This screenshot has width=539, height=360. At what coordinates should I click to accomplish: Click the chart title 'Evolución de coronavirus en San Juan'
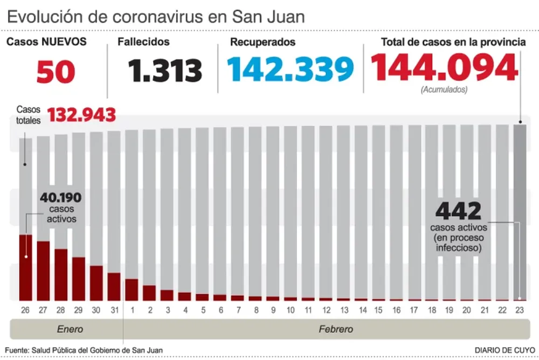pos(156,17)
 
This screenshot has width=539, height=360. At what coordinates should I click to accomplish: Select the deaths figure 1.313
pos(165,71)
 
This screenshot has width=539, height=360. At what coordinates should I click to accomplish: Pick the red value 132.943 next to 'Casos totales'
pos(82,115)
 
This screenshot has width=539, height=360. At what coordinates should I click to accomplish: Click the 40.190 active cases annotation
pos(60,198)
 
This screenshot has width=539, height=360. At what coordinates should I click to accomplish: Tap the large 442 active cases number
pos(458,211)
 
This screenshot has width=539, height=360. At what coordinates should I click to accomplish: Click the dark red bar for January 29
pos(79,279)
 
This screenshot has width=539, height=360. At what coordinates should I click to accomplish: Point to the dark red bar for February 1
pos(132,289)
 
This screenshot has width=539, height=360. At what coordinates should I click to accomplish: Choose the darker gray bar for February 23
pos(520,210)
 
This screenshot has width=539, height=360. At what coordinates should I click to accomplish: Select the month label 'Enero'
pos(70,329)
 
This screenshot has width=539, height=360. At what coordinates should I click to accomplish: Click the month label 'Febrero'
pos(335,329)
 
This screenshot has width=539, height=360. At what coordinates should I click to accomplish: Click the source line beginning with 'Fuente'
pos(84,350)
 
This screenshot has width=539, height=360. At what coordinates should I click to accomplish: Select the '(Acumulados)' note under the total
pos(444,89)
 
